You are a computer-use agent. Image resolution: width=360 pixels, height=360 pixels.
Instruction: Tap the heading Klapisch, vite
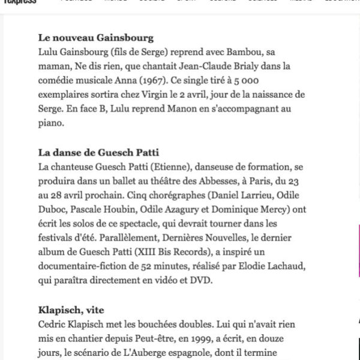coord(71,310)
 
